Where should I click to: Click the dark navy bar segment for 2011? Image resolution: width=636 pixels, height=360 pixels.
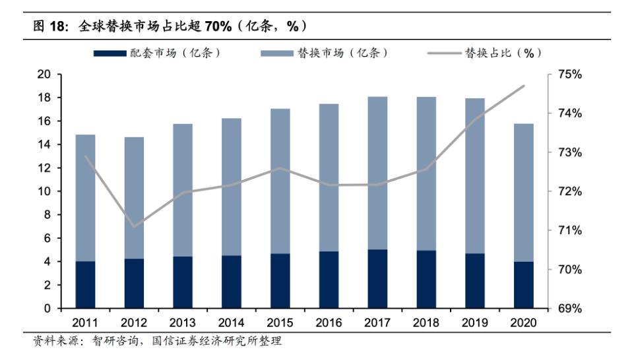(x=85, y=285)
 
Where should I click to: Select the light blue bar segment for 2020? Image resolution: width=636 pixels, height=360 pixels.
(x=523, y=193)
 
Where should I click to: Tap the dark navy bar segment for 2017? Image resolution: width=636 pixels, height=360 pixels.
(x=377, y=279)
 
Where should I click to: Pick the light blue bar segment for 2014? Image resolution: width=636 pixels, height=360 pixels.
(x=231, y=187)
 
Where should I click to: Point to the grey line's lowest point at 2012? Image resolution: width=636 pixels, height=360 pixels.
(x=134, y=227)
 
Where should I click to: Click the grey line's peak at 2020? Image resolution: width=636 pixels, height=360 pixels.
(x=524, y=86)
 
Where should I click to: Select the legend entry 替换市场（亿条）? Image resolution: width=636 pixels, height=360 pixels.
(x=323, y=53)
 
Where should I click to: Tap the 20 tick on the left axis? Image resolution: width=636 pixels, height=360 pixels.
(x=44, y=75)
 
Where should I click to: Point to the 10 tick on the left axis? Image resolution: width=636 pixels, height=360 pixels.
(x=44, y=191)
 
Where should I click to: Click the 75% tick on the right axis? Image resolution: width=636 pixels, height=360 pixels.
(x=569, y=75)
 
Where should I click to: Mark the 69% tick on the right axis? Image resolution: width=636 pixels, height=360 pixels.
(x=569, y=309)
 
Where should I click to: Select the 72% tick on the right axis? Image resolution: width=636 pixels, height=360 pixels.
(x=569, y=191)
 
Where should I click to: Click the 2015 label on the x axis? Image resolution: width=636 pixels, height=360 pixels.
(x=280, y=323)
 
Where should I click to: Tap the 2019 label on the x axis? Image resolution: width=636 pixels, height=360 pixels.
(x=474, y=323)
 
